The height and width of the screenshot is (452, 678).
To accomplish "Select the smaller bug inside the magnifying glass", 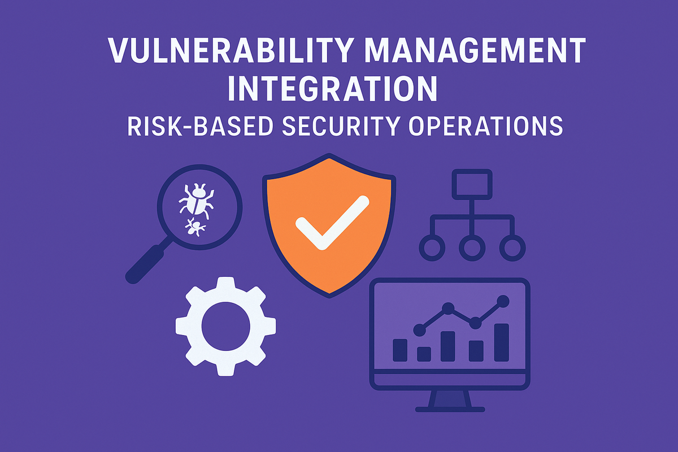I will point(195,227).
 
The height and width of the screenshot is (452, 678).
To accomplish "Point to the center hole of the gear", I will point(225,326).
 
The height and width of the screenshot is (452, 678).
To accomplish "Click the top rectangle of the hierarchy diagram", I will point(472,184).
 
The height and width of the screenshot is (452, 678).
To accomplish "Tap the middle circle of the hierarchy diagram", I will point(472,247).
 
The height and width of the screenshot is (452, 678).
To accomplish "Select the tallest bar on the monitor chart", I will point(501,342).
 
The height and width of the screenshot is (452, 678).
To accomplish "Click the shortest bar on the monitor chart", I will point(424,354).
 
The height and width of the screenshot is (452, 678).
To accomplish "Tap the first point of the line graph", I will point(420,328).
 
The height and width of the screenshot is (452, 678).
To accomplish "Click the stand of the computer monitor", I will point(449,400).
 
